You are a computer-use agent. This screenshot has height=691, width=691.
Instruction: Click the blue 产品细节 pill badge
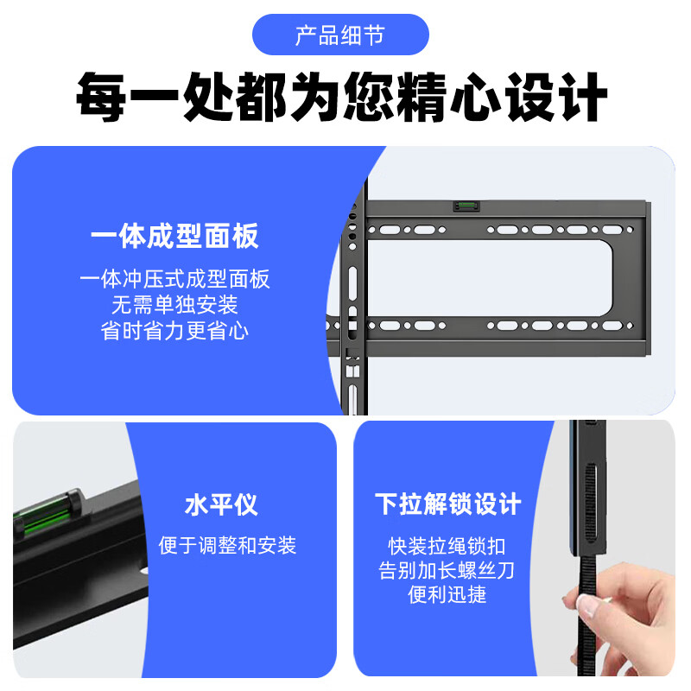[x=340, y=35]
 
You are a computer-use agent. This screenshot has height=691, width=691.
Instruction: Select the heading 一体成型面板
[x=174, y=236]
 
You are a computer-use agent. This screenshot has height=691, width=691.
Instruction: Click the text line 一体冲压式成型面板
[x=174, y=278]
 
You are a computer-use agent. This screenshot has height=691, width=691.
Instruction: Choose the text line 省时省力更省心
[x=174, y=330]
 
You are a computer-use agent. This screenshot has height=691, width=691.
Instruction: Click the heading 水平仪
[x=221, y=504]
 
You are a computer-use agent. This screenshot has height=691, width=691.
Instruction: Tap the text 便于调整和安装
[x=227, y=545]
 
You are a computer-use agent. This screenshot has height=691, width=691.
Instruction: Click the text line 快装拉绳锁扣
[x=447, y=546]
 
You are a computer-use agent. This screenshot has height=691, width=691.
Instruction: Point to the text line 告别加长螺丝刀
[x=447, y=571]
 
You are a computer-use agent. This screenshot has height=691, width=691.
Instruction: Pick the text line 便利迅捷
[x=447, y=596]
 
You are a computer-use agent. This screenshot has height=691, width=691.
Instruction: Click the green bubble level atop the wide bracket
[x=464, y=206]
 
